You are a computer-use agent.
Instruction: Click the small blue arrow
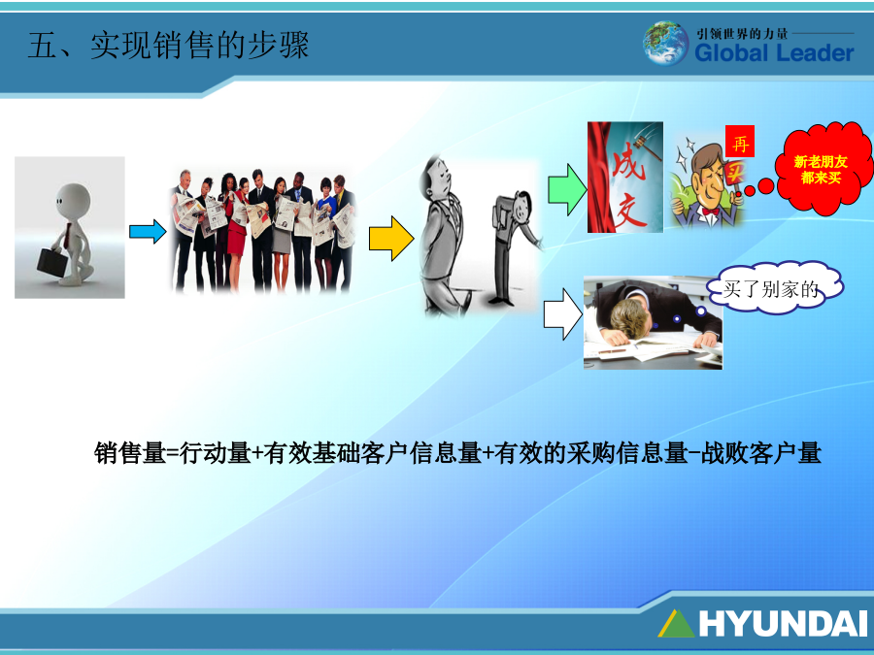148,231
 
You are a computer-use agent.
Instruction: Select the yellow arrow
391,239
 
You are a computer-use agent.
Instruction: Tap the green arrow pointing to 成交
567,189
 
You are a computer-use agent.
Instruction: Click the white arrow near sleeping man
563,314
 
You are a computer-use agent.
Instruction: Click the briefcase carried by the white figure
52,261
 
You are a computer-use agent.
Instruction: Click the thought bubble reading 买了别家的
775,288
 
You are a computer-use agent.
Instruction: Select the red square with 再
740,142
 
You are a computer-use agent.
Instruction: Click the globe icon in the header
665,44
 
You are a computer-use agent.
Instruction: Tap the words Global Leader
774,53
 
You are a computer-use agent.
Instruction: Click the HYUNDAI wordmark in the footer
783,623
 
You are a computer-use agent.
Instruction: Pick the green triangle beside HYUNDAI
677,624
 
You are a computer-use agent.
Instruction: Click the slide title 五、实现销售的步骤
168,45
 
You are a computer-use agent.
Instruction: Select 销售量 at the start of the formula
130,453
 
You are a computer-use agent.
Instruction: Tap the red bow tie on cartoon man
710,212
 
